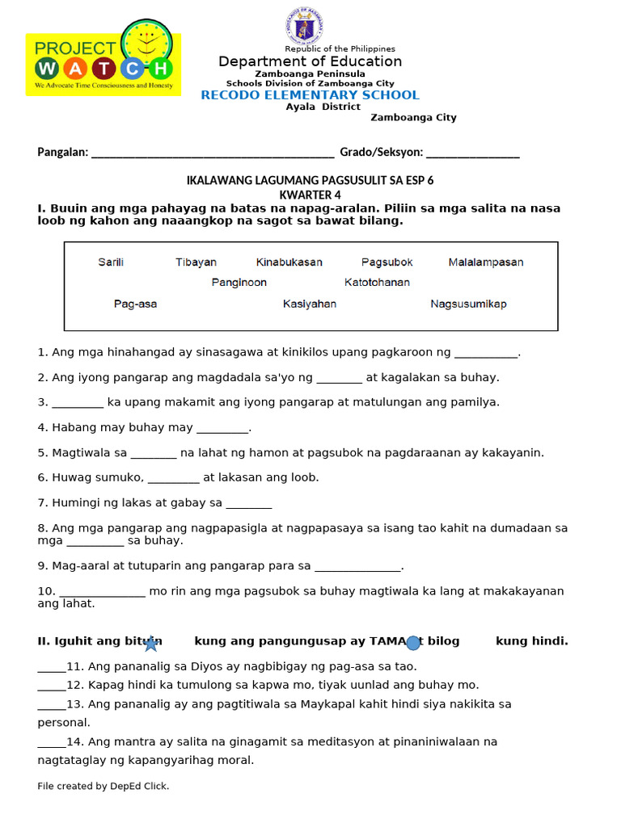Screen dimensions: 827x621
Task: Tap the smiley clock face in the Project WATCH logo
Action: (x=146, y=40)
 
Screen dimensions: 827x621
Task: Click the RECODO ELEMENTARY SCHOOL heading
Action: (x=310, y=95)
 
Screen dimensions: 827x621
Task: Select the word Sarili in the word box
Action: (x=111, y=262)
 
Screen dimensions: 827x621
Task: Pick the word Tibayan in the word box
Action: (x=196, y=262)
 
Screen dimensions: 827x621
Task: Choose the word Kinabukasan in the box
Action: (x=289, y=262)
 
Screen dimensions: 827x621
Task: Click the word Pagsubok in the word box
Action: (x=387, y=262)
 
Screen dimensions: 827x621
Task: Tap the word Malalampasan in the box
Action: (x=486, y=262)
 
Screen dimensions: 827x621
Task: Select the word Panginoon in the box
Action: (x=239, y=283)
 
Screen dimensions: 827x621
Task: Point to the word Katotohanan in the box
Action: (x=377, y=283)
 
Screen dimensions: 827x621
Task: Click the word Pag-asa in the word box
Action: (x=136, y=304)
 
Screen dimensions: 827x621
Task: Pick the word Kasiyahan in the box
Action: (x=310, y=304)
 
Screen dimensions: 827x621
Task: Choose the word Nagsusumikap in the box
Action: (x=469, y=304)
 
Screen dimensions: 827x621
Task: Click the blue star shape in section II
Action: (x=151, y=644)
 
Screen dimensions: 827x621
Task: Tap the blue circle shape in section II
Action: (x=413, y=643)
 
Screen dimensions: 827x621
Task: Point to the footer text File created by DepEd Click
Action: (x=103, y=786)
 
